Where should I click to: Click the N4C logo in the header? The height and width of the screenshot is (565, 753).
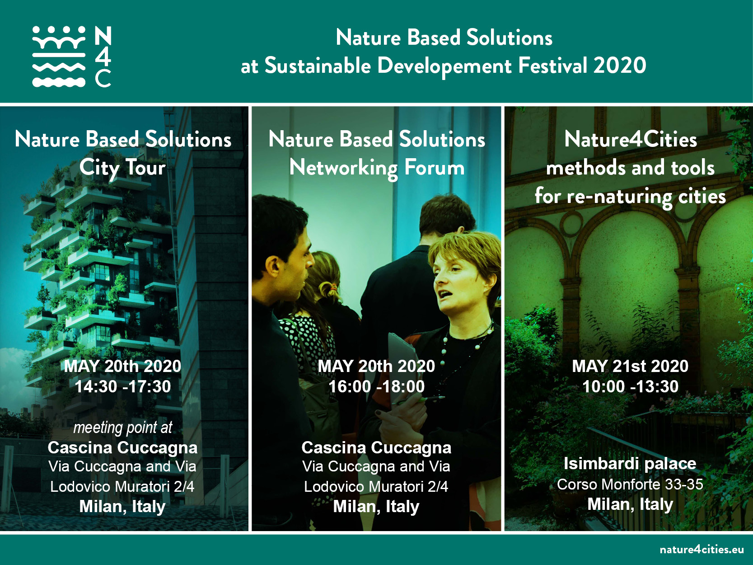pyautogui.click(x=72, y=56)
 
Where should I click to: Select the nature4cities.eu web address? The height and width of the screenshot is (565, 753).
pyautogui.click(x=702, y=549)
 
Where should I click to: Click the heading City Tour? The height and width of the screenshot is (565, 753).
pyautogui.click(x=122, y=168)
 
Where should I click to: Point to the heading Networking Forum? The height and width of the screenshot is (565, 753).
pyautogui.click(x=377, y=168)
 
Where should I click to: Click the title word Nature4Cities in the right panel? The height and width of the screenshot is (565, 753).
pyautogui.click(x=631, y=140)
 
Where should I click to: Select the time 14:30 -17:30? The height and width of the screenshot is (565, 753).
pyautogui.click(x=122, y=386)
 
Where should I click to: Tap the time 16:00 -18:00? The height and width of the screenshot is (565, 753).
pyautogui.click(x=376, y=386)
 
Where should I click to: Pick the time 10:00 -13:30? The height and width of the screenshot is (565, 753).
pyautogui.click(x=630, y=386)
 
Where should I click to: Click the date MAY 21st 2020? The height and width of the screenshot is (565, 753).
pyautogui.click(x=630, y=366)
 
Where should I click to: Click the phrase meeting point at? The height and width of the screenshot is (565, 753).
pyautogui.click(x=122, y=428)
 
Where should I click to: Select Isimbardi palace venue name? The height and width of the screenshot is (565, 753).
pyautogui.click(x=630, y=464)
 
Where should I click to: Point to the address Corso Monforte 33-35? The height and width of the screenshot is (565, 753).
pyautogui.click(x=630, y=485)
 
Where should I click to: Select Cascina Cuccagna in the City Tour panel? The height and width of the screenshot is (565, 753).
pyautogui.click(x=122, y=447)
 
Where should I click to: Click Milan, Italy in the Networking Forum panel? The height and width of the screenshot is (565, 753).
pyautogui.click(x=376, y=507)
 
